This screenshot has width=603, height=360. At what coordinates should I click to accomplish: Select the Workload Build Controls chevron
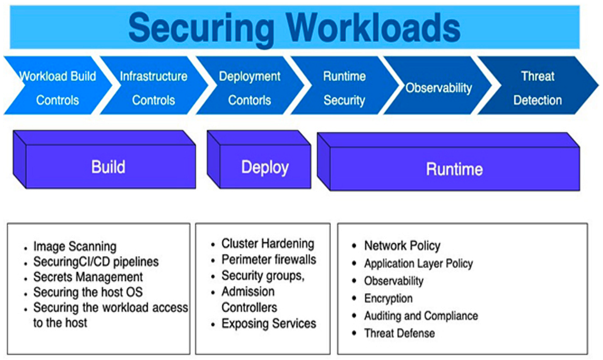(x=57, y=88)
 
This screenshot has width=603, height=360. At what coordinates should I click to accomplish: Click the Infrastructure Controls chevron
(x=153, y=88)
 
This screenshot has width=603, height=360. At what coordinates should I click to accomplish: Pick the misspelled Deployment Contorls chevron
(x=249, y=88)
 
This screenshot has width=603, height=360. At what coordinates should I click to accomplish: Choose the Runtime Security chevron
(x=344, y=88)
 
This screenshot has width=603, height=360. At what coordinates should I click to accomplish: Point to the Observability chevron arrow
(x=439, y=88)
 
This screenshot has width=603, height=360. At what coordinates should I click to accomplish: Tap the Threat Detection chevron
(x=537, y=88)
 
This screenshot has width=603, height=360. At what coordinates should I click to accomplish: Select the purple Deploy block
(x=265, y=167)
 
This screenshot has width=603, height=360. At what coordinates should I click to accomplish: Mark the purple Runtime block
(x=454, y=169)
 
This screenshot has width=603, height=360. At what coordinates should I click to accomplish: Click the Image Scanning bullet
(x=74, y=247)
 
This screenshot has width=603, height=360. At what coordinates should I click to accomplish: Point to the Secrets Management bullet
(x=88, y=277)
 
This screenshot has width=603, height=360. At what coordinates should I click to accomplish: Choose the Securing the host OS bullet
(x=88, y=292)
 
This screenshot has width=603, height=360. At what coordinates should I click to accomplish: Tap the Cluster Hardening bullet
(x=267, y=244)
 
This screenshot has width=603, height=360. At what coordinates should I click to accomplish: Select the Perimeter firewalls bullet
(x=269, y=260)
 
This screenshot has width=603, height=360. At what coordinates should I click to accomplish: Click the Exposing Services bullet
(x=269, y=323)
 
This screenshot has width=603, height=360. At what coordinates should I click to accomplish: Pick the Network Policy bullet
(x=402, y=246)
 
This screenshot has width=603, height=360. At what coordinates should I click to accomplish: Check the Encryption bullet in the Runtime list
(x=388, y=298)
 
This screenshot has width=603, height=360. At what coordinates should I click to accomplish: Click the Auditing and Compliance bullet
(x=421, y=316)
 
